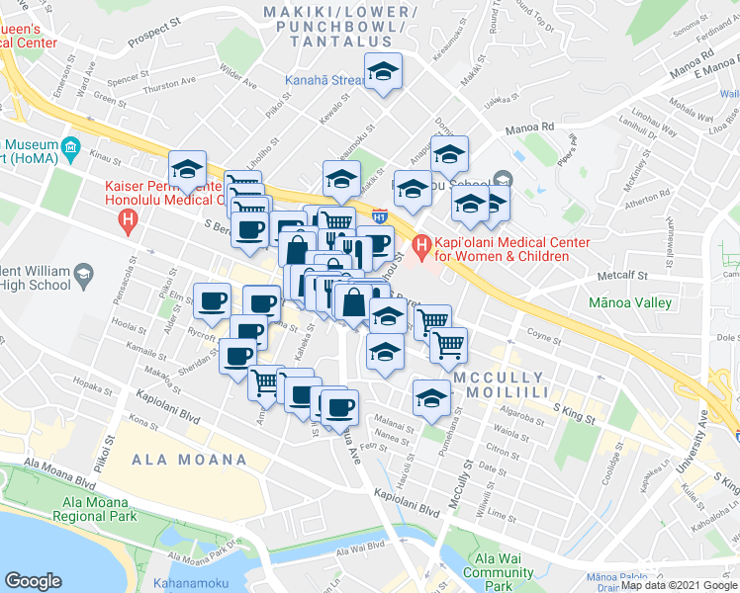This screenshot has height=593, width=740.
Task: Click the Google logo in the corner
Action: pyautogui.click(x=33, y=580)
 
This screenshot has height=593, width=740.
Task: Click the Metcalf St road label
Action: pyautogui.click(x=621, y=277)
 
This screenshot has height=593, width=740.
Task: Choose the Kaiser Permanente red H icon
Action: pyautogui.click(x=127, y=223)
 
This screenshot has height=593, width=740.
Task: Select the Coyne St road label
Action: pyautogui.click(x=545, y=335)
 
